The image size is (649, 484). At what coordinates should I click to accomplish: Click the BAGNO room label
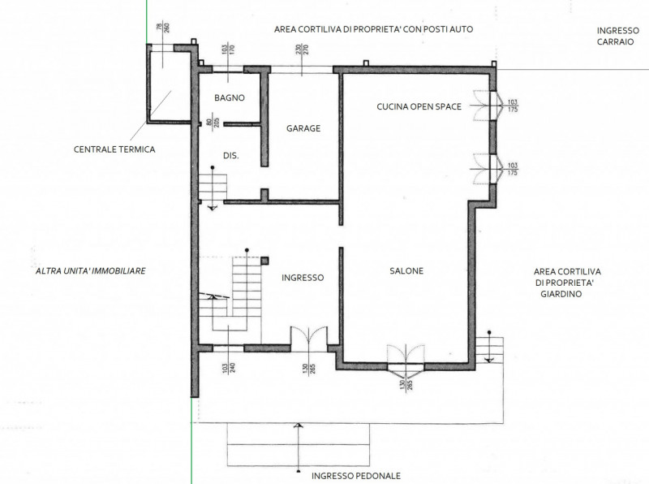[x=230, y=97]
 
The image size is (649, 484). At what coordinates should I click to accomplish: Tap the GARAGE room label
[x=303, y=128]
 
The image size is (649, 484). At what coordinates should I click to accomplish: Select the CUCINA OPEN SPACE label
[x=419, y=106]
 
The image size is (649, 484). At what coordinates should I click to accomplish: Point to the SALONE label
[x=406, y=271]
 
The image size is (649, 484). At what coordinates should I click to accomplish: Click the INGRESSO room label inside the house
[x=303, y=278]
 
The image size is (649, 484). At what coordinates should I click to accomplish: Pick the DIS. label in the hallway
[x=231, y=156]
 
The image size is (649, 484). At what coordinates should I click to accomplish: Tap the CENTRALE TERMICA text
[x=114, y=149]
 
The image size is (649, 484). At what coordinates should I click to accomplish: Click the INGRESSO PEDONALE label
[x=356, y=476]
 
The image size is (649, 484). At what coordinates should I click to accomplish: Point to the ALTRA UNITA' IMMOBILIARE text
[x=91, y=271]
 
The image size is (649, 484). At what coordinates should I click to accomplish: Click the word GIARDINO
[x=561, y=294]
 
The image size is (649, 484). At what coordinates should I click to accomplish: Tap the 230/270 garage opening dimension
[x=302, y=50]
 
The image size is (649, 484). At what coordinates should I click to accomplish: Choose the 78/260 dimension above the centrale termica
[x=163, y=28]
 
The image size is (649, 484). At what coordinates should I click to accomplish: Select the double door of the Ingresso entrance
[x=309, y=337]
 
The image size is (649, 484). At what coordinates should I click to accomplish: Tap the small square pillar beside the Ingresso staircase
[x=265, y=261]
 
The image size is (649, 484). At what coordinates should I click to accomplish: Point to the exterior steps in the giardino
[x=489, y=350]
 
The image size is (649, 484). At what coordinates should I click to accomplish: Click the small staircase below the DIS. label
[x=213, y=188]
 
